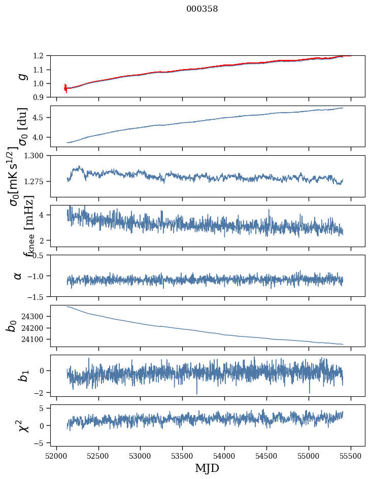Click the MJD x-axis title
click(207, 468)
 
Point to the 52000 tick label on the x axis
click(56, 454)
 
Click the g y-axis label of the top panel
click(21, 77)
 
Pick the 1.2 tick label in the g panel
click(41, 56)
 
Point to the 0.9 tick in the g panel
click(41, 97)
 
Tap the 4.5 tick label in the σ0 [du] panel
click(41, 117)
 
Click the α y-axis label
click(18, 276)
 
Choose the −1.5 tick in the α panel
click(39, 296)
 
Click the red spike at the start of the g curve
click(65, 88)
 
